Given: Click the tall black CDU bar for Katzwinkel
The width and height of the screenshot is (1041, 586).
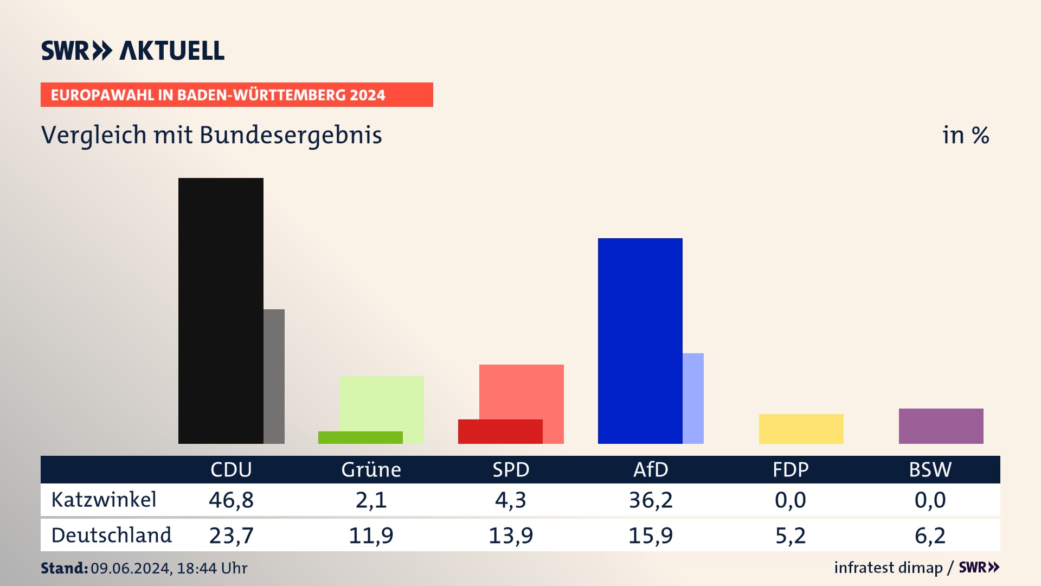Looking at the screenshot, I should [221, 310].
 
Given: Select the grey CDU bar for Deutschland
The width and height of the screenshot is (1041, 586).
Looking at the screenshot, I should [274, 376].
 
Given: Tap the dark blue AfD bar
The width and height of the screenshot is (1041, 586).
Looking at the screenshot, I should [640, 341].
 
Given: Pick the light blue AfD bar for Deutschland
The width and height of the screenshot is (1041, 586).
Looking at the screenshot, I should [693, 398].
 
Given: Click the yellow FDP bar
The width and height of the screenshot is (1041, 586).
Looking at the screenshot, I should [801, 429].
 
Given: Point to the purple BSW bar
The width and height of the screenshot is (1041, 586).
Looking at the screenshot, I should [941, 426].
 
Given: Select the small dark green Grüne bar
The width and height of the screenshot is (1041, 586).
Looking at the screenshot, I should [360, 437].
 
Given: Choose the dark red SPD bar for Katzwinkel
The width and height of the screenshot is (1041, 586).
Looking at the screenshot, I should [500, 431].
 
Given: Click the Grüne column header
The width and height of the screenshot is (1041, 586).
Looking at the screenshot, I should [371, 469].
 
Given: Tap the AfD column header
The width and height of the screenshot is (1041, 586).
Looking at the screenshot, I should [651, 469].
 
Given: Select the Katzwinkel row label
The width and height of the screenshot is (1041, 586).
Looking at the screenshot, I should [104, 500].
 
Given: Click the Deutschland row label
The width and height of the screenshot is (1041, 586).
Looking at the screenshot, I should [111, 536].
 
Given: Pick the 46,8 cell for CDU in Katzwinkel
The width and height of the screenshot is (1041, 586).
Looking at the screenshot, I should [231, 500].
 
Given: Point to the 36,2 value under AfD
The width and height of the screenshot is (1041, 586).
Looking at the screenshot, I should [651, 500].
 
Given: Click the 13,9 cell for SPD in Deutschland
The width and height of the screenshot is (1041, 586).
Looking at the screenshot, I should [511, 536].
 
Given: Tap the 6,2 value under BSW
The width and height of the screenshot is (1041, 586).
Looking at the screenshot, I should [930, 536].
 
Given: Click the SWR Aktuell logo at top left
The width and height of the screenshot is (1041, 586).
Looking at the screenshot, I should [133, 50].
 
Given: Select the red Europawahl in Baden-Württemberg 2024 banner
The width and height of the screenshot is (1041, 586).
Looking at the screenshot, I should [236, 95].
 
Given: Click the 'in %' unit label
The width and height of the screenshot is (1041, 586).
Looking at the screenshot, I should [966, 135].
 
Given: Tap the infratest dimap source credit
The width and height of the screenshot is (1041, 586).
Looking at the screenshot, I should [888, 568].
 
